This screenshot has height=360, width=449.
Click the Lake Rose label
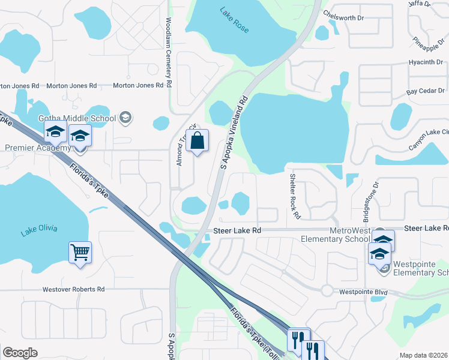[234, 28]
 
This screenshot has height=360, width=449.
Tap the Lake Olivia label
[40, 228]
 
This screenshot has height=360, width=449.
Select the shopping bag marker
[197, 142]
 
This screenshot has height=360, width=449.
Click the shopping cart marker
[80, 252]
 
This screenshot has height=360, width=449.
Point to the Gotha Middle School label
[77, 118]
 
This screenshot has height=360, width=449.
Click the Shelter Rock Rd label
[294, 196]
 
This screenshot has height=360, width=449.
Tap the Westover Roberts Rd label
[73, 289]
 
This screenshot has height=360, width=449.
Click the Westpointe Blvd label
[363, 292]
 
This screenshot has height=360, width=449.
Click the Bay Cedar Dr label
[426, 92]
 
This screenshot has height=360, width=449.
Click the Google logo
[20, 353]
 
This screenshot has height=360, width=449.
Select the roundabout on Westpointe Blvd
[327, 290]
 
